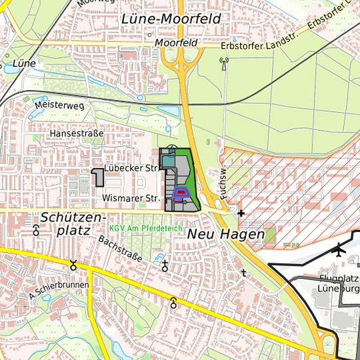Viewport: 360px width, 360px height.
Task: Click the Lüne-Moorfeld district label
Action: pos(171,19)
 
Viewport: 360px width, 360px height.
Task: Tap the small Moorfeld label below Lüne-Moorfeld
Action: pos(176,43)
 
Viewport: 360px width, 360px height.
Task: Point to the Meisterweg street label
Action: pos(60,106)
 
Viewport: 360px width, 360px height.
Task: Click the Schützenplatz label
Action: pos(73,223)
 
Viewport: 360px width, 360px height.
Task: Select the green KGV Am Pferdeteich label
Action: pos(146,228)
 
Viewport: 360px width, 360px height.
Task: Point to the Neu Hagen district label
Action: pos(225,235)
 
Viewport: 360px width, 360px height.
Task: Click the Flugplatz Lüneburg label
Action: pos(338,284)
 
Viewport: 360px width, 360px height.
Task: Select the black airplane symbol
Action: pos(340,251)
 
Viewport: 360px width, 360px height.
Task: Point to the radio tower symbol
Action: pos(223,65)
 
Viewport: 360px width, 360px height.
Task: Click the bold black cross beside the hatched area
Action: pos(241,213)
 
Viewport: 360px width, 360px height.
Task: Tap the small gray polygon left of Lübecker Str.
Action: pos(98,177)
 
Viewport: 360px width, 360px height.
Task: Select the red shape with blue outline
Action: pos(180,193)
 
